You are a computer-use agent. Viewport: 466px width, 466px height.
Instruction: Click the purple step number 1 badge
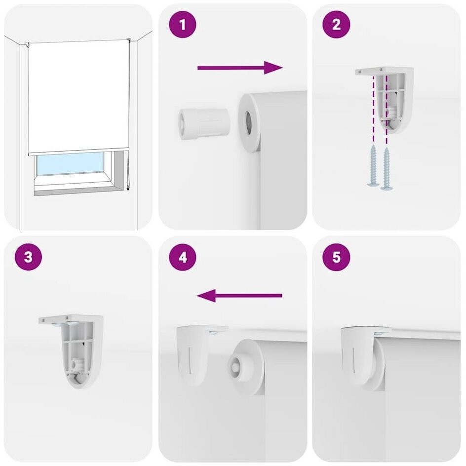pyautogui.click(x=183, y=24)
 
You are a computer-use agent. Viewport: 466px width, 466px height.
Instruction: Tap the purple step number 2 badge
pyautogui.click(x=336, y=24)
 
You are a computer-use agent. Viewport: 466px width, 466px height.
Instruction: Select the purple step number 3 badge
pyautogui.click(x=28, y=257)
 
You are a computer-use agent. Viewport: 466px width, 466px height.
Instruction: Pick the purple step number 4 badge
pyautogui.click(x=183, y=257)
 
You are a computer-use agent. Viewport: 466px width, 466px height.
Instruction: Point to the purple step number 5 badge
pyautogui.click(x=336, y=257)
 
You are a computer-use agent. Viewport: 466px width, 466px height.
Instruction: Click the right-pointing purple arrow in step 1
pyautogui.click(x=240, y=68)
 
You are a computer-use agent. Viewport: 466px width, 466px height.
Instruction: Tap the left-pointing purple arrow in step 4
pyautogui.click(x=239, y=296)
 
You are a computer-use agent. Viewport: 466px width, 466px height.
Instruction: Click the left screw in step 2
pyautogui.click(x=373, y=167)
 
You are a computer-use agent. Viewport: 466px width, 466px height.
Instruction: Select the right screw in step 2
pyautogui.click(x=387, y=168)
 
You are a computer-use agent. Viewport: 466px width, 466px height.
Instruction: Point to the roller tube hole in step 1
pyautogui.click(x=248, y=122)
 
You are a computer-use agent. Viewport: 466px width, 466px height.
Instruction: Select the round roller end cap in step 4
pyautogui.click(x=245, y=367)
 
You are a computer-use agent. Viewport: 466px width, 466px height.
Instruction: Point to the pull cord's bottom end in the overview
pyautogui.click(x=128, y=188)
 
